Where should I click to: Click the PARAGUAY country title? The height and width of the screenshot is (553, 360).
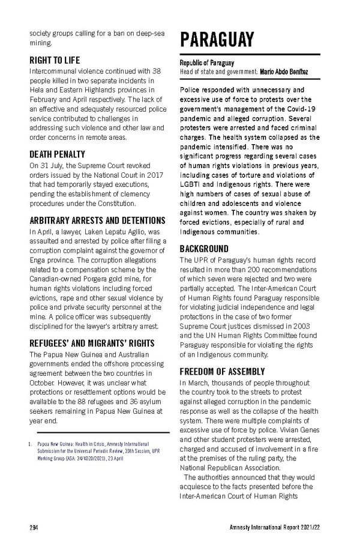pyautogui.click(x=217, y=40)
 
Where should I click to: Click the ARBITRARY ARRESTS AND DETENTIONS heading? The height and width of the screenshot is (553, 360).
pyautogui.click(x=97, y=220)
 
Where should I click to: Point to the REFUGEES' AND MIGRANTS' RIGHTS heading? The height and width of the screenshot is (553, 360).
pyautogui.click(x=92, y=343)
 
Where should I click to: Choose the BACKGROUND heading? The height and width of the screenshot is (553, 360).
pyautogui.click(x=204, y=248)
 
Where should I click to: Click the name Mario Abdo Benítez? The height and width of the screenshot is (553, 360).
pyautogui.click(x=284, y=72)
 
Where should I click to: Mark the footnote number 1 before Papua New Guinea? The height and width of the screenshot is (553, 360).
pyautogui.click(x=31, y=444)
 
